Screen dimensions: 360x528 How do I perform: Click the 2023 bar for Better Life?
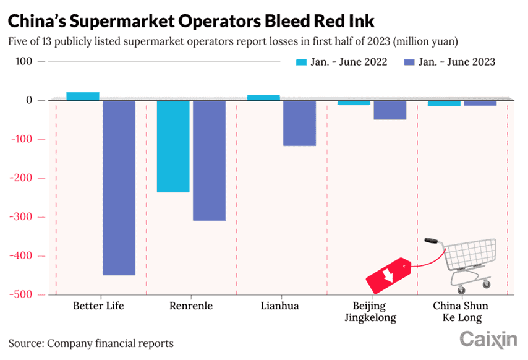pyautogui.click(x=119, y=187)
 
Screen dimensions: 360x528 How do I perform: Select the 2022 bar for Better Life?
pyautogui.click(x=83, y=96)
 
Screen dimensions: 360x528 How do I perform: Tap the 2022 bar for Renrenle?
pyautogui.click(x=173, y=146)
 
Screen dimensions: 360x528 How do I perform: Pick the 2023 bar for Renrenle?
pyautogui.click(x=209, y=160)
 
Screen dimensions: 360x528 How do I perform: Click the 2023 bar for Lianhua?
pyautogui.click(x=300, y=123)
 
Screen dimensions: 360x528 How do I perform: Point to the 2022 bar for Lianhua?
pyautogui.click(x=263, y=97)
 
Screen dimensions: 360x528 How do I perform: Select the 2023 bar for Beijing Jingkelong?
pyautogui.click(x=390, y=109)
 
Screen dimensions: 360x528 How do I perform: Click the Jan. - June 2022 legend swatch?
pyautogui.click(x=302, y=62)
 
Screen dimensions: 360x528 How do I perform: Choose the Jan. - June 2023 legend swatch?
pyautogui.click(x=409, y=62)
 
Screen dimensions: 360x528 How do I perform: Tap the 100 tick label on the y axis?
pyautogui.click(x=22, y=62)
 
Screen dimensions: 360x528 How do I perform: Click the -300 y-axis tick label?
pyautogui.click(x=24, y=217)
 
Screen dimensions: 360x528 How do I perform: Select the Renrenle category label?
pyautogui.click(x=189, y=306)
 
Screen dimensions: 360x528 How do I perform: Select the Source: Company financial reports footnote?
pyautogui.click(x=91, y=343)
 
